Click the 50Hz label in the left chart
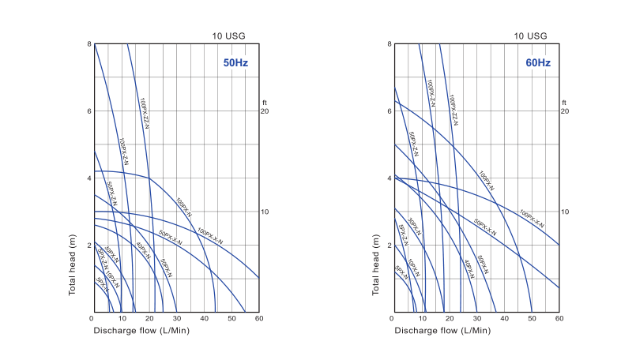point(235,62)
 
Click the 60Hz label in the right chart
point(538,62)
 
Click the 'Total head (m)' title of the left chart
point(72,264)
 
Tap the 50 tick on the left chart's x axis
point(231,319)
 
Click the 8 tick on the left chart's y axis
point(88,44)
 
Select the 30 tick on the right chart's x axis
point(476,319)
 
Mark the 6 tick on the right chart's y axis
point(390,111)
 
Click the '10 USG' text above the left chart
point(228,36)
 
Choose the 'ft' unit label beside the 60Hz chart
point(564,103)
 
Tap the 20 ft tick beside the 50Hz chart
point(265,111)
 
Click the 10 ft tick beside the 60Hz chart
point(565,212)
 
